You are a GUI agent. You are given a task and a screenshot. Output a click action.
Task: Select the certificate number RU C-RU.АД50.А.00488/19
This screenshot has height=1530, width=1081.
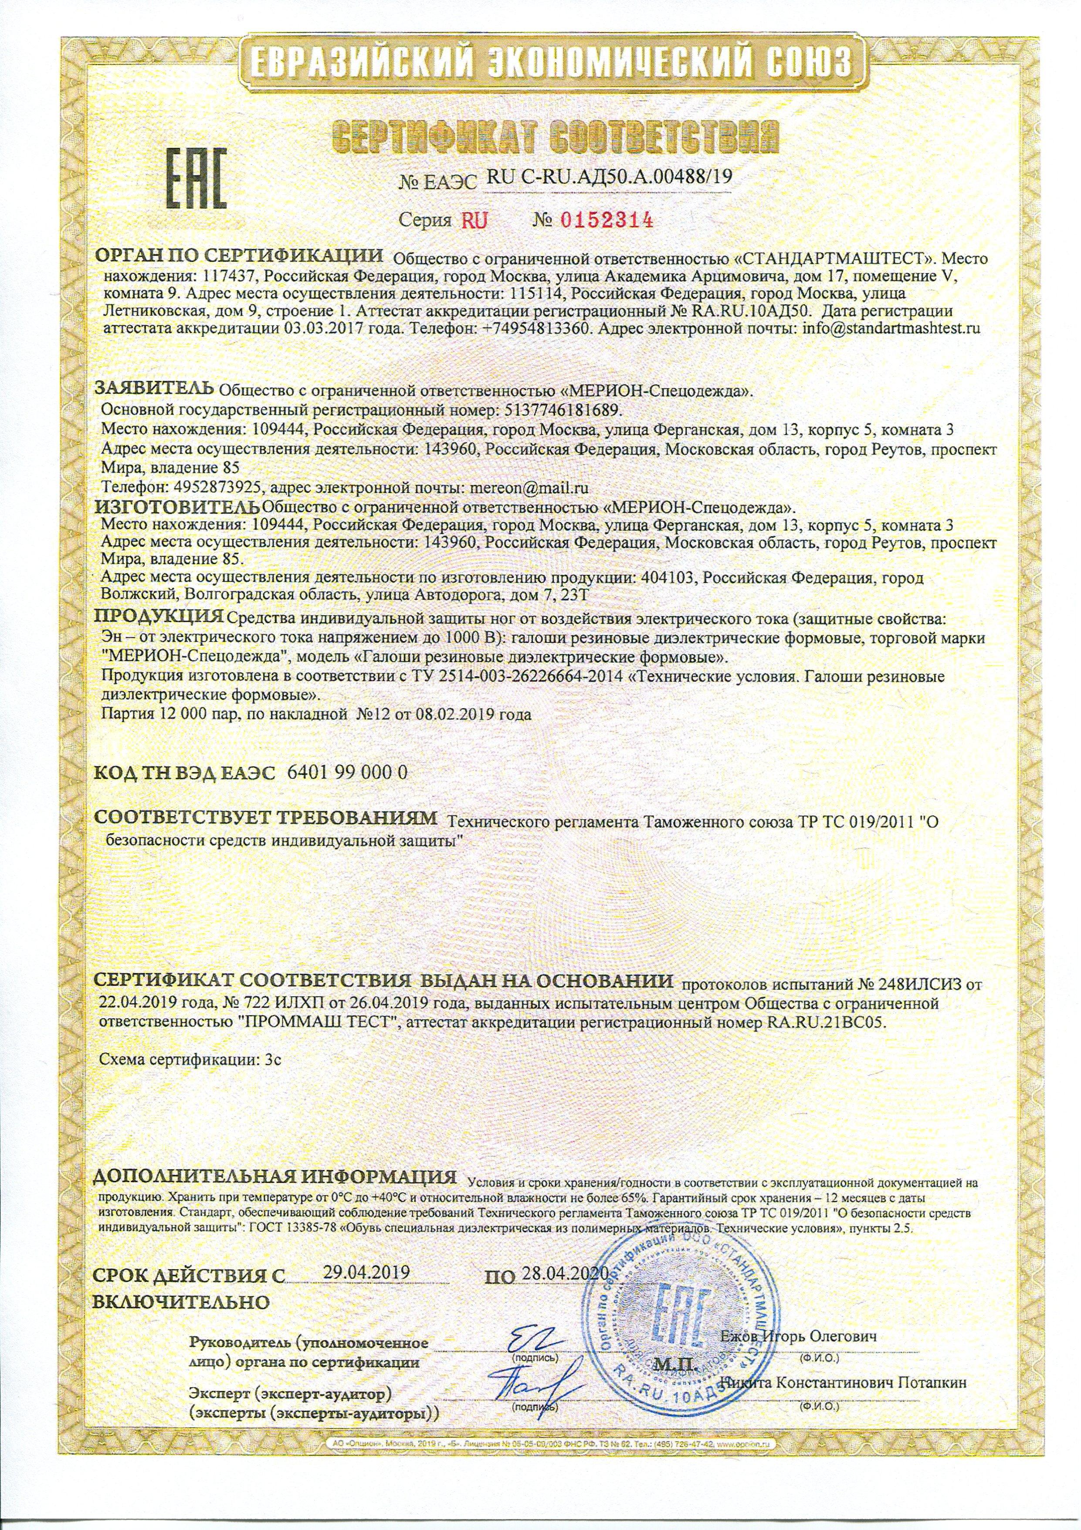point(610,177)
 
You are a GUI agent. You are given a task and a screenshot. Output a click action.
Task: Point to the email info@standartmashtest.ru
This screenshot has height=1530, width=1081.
point(892,328)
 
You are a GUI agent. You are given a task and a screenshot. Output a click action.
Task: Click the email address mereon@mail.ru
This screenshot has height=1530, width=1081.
point(529,487)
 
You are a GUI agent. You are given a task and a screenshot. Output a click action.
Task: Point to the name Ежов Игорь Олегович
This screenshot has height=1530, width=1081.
point(799,1350)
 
